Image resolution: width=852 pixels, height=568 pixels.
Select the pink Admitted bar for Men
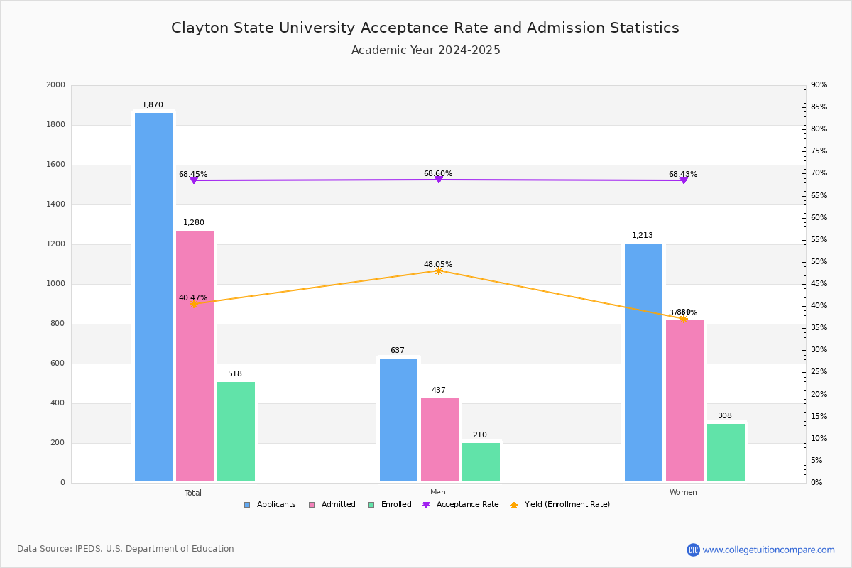[x=439, y=439]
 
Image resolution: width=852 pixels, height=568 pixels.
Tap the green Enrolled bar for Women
[x=726, y=452]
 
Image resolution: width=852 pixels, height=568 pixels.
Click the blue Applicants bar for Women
[x=643, y=362]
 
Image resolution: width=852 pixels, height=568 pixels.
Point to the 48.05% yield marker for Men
[x=438, y=271]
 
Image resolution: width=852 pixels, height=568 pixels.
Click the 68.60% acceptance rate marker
[x=438, y=180]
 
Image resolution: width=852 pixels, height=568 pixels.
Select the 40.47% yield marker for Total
[x=193, y=304]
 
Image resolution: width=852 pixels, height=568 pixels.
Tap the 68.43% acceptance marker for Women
[x=683, y=180]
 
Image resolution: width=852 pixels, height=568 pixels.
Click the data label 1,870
[x=153, y=105]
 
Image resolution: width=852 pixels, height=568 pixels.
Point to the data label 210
[x=480, y=435]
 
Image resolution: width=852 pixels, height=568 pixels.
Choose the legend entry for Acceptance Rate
[x=461, y=505]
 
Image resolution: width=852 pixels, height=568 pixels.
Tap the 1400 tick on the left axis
[x=55, y=204]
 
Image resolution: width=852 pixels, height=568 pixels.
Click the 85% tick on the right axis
[x=819, y=107]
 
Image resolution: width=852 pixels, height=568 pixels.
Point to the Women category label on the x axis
[x=682, y=493]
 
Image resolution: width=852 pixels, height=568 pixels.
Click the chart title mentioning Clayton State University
[x=425, y=28]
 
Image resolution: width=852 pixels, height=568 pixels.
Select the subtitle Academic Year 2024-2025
[x=425, y=50]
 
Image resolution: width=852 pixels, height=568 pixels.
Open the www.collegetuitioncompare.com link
[x=768, y=550]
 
